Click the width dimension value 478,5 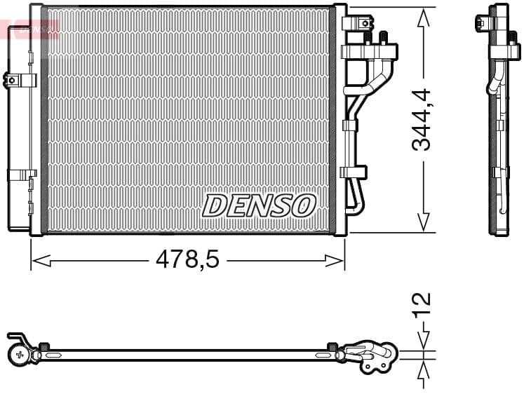187,261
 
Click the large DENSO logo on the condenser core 259,205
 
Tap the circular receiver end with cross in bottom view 19,355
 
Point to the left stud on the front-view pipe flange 367,37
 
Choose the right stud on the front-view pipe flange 383,37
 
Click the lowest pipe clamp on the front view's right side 353,172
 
